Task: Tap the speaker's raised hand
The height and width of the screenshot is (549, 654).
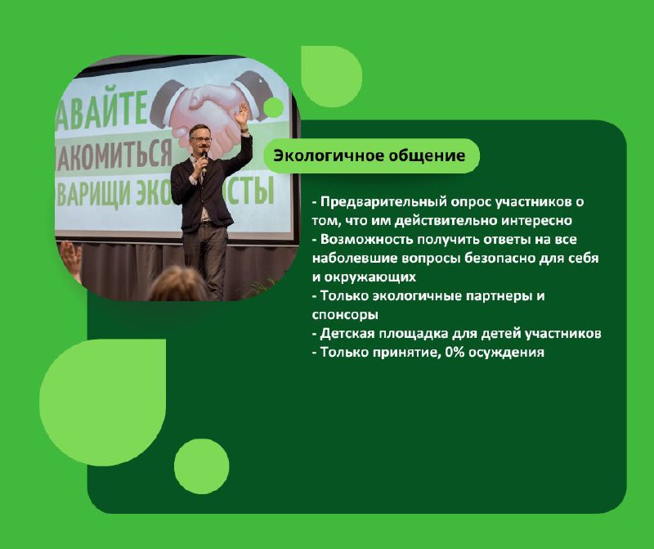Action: [241, 114]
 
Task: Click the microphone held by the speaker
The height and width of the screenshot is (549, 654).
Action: [204, 162]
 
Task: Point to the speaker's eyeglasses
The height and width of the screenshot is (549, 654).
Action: [200, 139]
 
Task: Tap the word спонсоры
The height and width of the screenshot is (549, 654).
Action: [345, 315]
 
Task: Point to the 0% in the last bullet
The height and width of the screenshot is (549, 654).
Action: [455, 353]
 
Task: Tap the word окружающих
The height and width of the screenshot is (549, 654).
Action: [370, 277]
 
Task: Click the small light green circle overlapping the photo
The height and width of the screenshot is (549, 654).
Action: [274, 107]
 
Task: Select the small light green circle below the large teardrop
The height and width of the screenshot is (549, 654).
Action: [201, 466]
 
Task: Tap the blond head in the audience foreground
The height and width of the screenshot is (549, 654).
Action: [178, 284]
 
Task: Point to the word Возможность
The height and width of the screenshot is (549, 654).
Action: [366, 240]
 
